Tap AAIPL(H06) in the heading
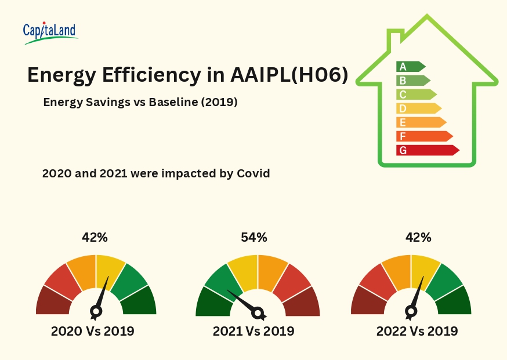point(289,75)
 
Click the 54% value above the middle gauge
point(254,237)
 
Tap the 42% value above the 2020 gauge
point(95,237)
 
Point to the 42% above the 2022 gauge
point(418,237)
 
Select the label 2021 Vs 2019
point(253,332)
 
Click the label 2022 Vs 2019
point(417,332)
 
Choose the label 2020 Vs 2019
point(93,332)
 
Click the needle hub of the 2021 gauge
point(258,314)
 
